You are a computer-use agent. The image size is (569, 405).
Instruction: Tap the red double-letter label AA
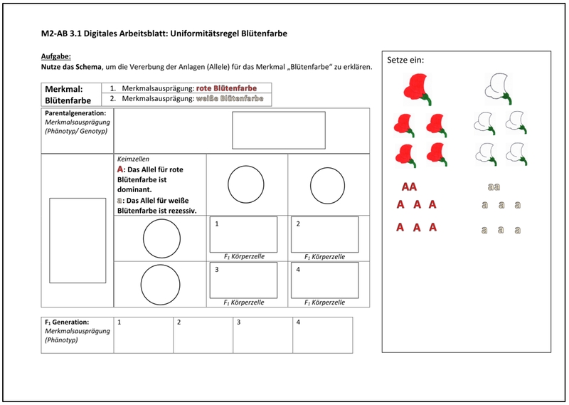coord(409,187)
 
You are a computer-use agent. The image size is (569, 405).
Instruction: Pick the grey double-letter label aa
coord(494,187)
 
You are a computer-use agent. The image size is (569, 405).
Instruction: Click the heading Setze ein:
coord(405,61)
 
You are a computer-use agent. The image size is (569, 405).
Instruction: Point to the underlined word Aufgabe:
coord(56,56)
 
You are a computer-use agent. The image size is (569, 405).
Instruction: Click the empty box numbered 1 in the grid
coord(243,235)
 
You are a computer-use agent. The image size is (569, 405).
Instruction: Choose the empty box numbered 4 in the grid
coord(324,280)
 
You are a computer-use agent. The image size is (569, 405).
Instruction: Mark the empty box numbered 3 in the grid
coord(243,280)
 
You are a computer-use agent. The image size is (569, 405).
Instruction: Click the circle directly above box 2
coord(329,185)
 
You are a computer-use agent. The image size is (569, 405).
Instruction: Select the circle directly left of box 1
coord(161,238)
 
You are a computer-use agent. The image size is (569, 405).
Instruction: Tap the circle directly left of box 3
coord(161,285)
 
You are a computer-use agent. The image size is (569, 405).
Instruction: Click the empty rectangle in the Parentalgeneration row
coord(278,130)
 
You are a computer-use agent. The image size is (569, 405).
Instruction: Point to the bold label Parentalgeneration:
coord(75,113)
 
